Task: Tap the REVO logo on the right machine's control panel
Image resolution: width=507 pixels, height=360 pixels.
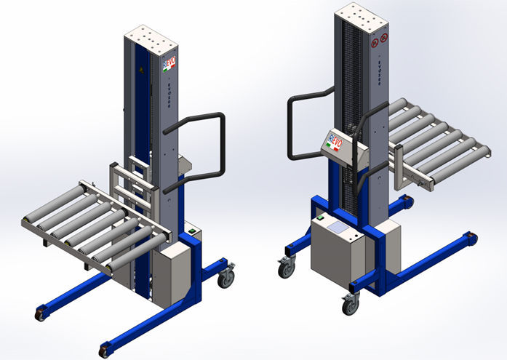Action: click(x=334, y=140)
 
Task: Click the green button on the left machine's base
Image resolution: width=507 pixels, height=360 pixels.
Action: click(x=192, y=232)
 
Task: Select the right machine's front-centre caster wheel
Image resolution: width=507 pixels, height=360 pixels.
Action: click(x=351, y=303)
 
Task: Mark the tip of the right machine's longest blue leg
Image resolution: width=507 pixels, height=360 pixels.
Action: click(x=471, y=238)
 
